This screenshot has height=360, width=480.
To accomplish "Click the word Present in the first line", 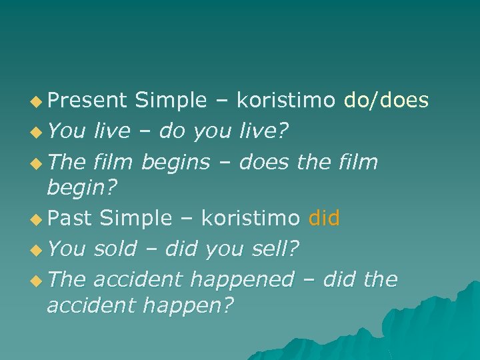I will tap(87, 100).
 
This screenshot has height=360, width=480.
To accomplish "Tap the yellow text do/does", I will tap(386, 100).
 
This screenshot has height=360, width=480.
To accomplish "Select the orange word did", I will tap(325, 217).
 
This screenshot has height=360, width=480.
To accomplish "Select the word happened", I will tap(241, 279).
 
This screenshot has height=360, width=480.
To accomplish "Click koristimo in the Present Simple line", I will tap(286, 100).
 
